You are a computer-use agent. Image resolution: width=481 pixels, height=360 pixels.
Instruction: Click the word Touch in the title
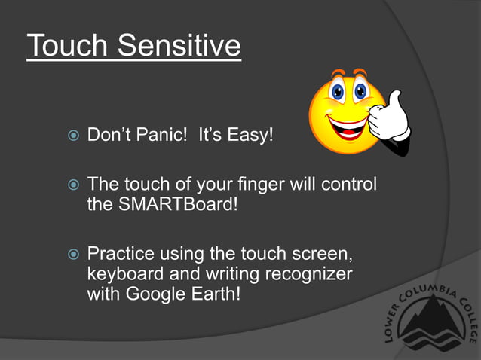pos(67,47)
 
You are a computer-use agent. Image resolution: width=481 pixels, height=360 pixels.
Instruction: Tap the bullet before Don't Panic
pos(72,137)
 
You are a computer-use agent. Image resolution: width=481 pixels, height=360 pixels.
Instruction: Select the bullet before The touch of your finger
pos(72,185)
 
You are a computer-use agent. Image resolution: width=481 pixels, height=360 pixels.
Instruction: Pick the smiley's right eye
pos(360,93)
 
